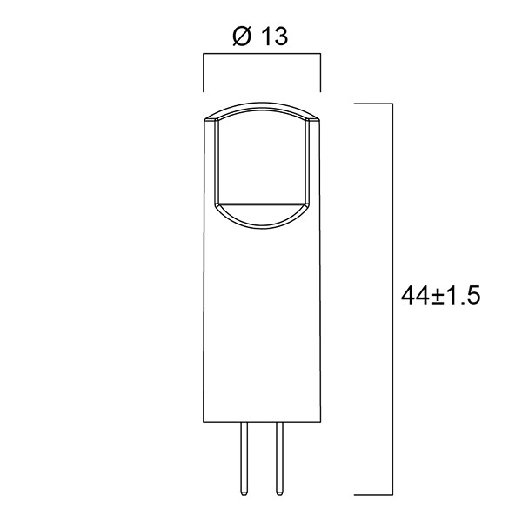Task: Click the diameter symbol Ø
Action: pyautogui.click(x=243, y=37)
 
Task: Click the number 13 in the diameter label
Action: pyautogui.click(x=272, y=37)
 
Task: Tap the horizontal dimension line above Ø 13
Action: pyautogui.click(x=262, y=56)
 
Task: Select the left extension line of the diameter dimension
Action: pyautogui.click(x=204, y=73)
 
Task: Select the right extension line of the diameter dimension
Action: pyautogui.click(x=321, y=73)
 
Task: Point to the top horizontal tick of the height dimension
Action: pyautogui.click(x=375, y=104)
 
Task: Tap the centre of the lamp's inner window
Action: pyautogui.click(x=262, y=161)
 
